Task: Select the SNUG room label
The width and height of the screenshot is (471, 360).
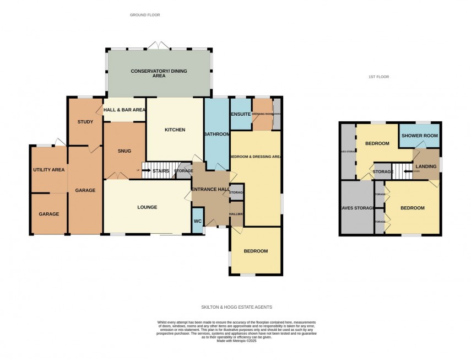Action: tap(124, 151)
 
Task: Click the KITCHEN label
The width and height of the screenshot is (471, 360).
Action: tap(175, 130)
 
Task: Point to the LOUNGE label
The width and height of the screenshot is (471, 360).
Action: tap(147, 207)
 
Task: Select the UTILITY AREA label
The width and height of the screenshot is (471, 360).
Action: tap(48, 170)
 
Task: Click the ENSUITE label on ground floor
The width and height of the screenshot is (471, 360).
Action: tap(241, 114)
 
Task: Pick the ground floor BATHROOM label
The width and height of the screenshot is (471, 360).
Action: tap(216, 134)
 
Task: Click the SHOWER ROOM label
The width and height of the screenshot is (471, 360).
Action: tap(419, 136)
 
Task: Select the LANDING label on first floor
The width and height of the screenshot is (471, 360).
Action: tap(426, 166)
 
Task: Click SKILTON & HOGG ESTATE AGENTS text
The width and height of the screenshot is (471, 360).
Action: tap(236, 307)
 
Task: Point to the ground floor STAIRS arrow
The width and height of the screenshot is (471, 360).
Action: tap(147, 171)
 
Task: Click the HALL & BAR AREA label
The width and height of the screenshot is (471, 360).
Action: tap(124, 110)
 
